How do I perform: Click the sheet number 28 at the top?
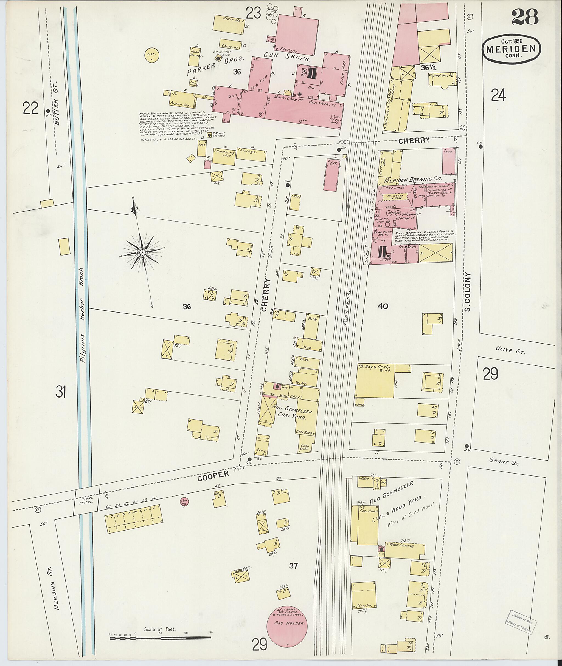(525, 17)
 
